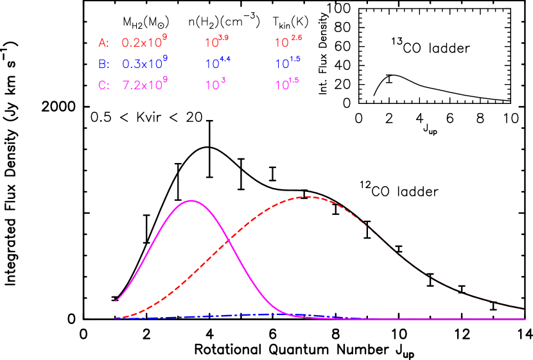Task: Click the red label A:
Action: [103, 43]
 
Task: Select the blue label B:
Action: [103, 64]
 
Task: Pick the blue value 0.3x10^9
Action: [144, 63]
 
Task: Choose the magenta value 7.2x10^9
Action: [144, 84]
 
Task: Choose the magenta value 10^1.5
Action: [287, 84]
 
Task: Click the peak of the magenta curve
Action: [191, 201]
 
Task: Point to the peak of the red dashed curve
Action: [308, 196]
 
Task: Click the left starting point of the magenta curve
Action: [116, 300]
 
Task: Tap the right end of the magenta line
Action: [525, 319]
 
